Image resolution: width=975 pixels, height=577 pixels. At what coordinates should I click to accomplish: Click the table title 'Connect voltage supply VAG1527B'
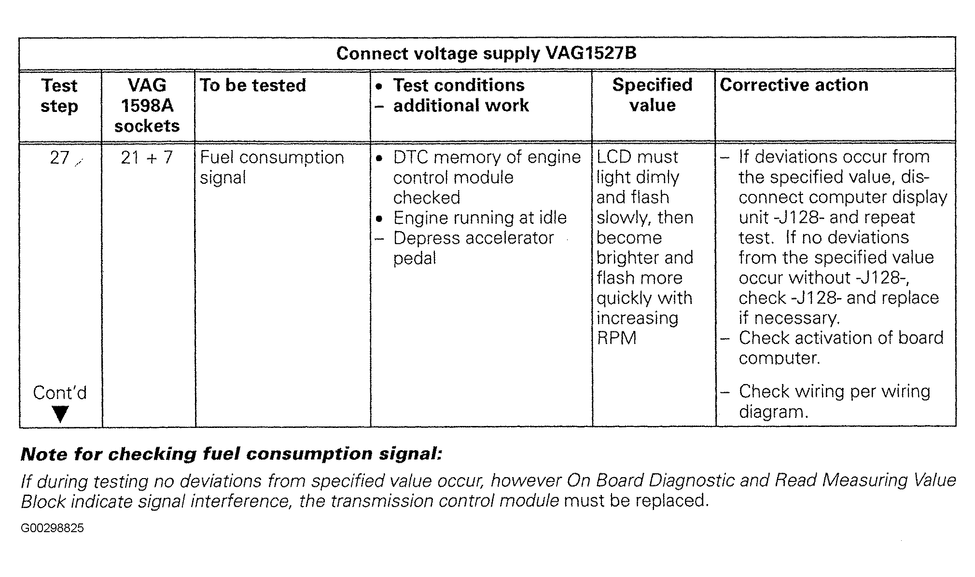pyautogui.click(x=486, y=53)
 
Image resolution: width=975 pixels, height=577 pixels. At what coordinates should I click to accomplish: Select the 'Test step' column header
pyautogui.click(x=59, y=96)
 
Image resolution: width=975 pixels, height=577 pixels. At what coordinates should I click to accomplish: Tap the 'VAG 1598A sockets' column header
pyautogui.click(x=147, y=106)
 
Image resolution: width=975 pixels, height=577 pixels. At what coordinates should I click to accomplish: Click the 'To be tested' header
pyautogui.click(x=253, y=85)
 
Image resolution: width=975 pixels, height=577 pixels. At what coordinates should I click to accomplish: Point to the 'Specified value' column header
pyautogui.click(x=653, y=95)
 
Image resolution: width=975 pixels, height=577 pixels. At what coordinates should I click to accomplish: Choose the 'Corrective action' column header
pyautogui.click(x=794, y=85)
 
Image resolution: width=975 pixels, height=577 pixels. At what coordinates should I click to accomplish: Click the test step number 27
pyautogui.click(x=60, y=158)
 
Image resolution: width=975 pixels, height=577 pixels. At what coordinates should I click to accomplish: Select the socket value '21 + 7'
pyautogui.click(x=147, y=158)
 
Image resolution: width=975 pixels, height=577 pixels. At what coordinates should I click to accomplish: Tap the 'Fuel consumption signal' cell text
pyautogui.click(x=272, y=167)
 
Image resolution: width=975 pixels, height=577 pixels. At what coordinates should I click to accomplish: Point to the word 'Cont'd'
pyautogui.click(x=60, y=393)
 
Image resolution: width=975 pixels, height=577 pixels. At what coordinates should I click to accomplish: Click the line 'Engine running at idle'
pyautogui.click(x=480, y=218)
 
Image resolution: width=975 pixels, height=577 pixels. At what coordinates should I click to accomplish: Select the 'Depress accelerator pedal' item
pyautogui.click(x=473, y=248)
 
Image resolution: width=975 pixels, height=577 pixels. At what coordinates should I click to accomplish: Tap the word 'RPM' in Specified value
pyautogui.click(x=616, y=338)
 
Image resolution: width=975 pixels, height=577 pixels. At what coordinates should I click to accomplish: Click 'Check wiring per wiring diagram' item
pyautogui.click(x=834, y=401)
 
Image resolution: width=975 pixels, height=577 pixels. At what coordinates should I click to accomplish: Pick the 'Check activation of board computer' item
pyautogui.click(x=841, y=348)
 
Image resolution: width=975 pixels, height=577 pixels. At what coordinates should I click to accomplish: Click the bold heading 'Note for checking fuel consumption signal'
pyautogui.click(x=232, y=454)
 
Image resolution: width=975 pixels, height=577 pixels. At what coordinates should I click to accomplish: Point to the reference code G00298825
pyautogui.click(x=52, y=528)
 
